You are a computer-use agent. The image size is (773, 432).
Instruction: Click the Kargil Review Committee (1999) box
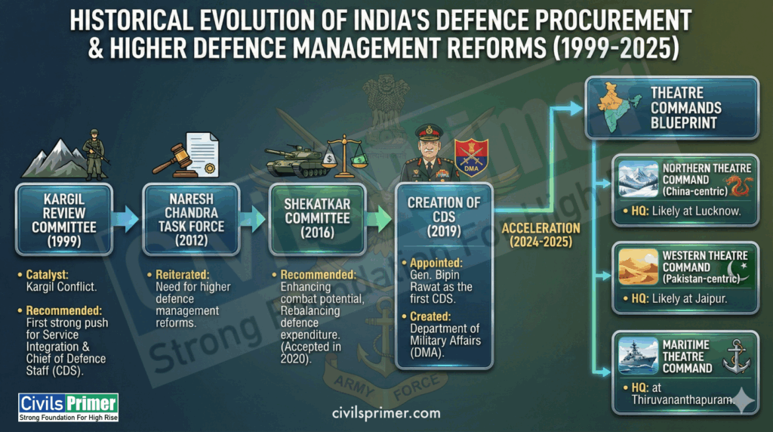click(x=63, y=220)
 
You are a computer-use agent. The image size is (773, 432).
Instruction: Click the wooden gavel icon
click(x=173, y=156)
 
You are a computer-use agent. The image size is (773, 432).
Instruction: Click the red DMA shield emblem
click(x=472, y=159)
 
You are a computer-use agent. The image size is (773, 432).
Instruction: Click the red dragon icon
click(x=737, y=185)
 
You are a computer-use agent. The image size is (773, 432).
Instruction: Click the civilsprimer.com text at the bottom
click(x=386, y=413)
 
